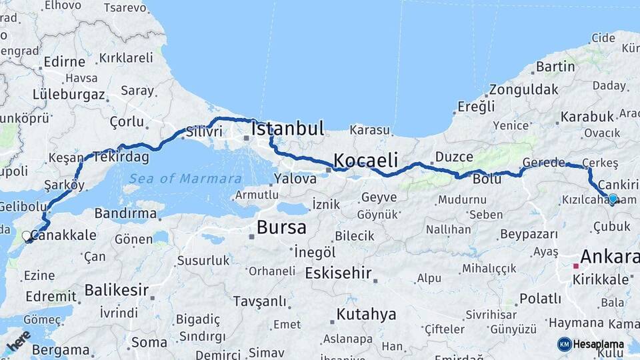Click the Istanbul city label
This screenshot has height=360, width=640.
(x=287, y=128)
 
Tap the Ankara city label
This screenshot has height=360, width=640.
(x=609, y=256)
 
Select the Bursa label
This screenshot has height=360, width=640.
(x=281, y=227)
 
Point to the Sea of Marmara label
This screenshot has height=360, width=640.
(x=185, y=179)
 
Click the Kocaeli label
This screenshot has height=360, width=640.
(x=365, y=160)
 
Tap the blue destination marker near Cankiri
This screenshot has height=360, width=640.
(x=613, y=198)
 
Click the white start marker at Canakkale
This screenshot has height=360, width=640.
(x=27, y=236)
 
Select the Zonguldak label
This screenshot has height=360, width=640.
(x=523, y=89)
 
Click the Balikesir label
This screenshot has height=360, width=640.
(x=116, y=291)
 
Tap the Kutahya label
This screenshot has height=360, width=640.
(x=366, y=314)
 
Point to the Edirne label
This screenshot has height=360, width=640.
(x=64, y=62)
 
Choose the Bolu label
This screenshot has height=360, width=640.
(x=487, y=179)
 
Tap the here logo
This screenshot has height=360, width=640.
(x=19, y=340)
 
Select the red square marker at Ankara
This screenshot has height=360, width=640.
(x=575, y=265)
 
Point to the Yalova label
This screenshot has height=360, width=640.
(x=295, y=179)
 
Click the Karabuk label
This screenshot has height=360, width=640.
(x=587, y=117)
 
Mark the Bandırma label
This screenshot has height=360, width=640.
(x=125, y=214)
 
